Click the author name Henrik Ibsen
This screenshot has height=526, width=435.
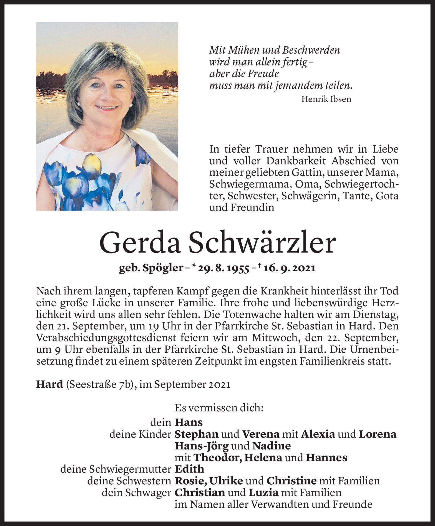326,99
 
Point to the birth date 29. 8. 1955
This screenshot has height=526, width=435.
224,269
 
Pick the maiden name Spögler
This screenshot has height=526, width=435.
163,269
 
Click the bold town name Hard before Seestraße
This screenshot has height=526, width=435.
50,385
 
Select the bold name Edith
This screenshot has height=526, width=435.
189,469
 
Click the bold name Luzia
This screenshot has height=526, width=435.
263,493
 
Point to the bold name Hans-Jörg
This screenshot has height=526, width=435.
202,446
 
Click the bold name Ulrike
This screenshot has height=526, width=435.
226,481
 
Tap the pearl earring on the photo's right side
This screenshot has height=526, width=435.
131,105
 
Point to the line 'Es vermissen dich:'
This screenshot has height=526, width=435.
219,408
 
